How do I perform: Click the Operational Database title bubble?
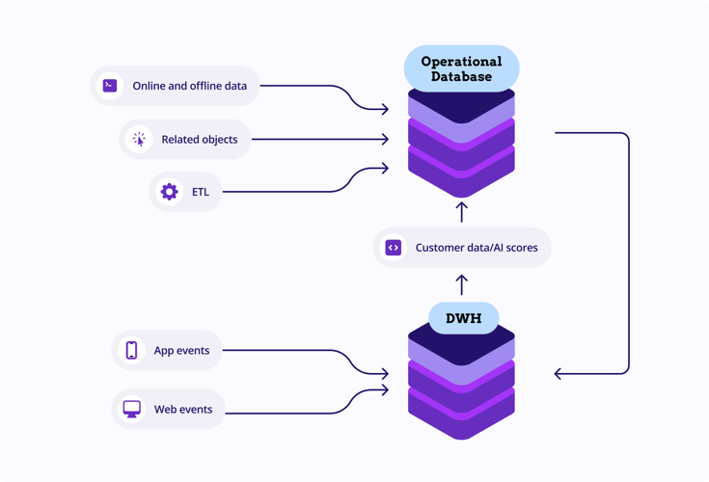point(461,68)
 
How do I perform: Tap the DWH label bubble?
point(463,318)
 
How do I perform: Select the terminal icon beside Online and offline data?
point(110,86)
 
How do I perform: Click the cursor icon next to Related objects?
point(139,140)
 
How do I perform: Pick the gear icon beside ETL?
point(169,192)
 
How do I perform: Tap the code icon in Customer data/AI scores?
point(394,248)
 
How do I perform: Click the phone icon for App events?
point(132,350)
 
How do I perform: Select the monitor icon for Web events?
point(132,409)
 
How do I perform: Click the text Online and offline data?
point(189,86)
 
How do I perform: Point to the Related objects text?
point(199,140)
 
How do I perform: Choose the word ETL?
point(200,192)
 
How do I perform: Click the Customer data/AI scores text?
point(477,248)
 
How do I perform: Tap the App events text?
point(181,350)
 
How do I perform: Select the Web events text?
point(183,409)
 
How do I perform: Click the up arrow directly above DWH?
point(462,284)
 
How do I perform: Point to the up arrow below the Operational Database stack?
point(462,211)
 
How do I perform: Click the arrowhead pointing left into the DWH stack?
point(559,373)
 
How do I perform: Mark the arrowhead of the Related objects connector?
point(385,140)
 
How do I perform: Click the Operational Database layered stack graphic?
point(461,145)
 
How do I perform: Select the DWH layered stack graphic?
point(461,386)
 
